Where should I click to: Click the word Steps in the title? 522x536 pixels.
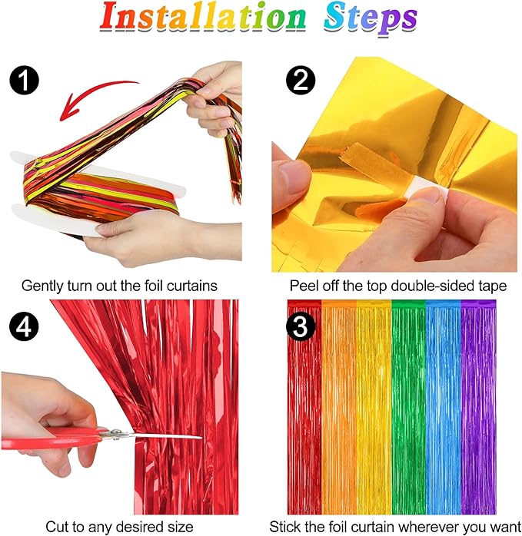click(x=370, y=19)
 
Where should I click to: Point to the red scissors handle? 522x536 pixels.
click(x=54, y=439)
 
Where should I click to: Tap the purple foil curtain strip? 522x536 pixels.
click(x=478, y=407)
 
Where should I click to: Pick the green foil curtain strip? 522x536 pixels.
click(x=407, y=407)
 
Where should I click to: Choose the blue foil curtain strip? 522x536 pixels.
click(x=443, y=407)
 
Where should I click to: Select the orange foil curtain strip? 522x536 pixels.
click(x=338, y=407)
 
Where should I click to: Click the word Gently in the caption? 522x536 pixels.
click(x=42, y=286)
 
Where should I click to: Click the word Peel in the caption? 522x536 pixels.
click(x=304, y=286)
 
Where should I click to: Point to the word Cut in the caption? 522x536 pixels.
click(x=57, y=527)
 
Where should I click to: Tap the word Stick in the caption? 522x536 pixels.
click(x=284, y=527)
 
